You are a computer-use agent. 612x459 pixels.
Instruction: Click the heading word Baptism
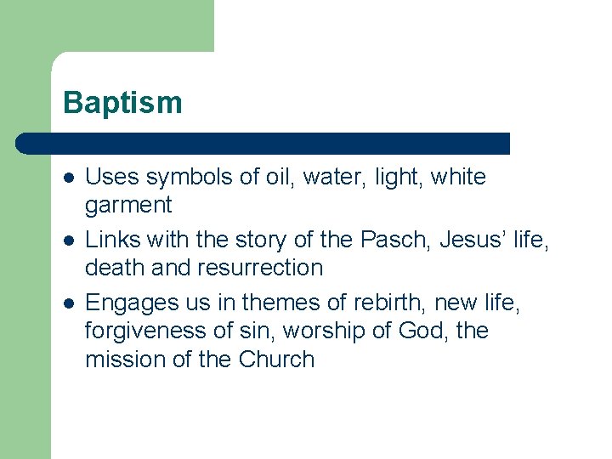click(122, 103)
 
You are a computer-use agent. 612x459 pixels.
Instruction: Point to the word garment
click(128, 205)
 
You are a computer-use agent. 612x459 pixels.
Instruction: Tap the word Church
click(277, 359)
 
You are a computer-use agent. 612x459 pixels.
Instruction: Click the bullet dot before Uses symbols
click(68, 178)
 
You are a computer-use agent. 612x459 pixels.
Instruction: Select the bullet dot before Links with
click(68, 241)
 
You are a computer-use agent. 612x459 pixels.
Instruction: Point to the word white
click(458, 178)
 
